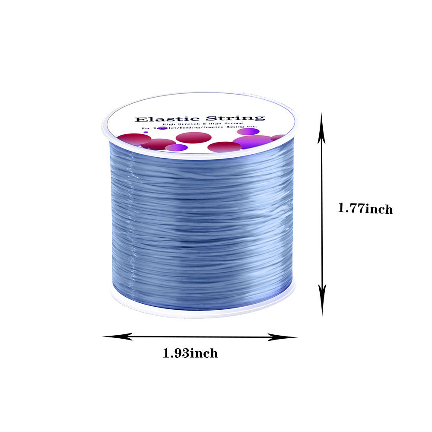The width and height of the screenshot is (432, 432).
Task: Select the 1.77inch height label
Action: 365,209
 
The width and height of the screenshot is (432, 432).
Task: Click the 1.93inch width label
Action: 190,353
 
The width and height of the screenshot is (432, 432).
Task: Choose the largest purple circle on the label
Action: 252,141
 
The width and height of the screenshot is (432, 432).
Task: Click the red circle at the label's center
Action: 194,137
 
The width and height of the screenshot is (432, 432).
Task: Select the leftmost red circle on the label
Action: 134,139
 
